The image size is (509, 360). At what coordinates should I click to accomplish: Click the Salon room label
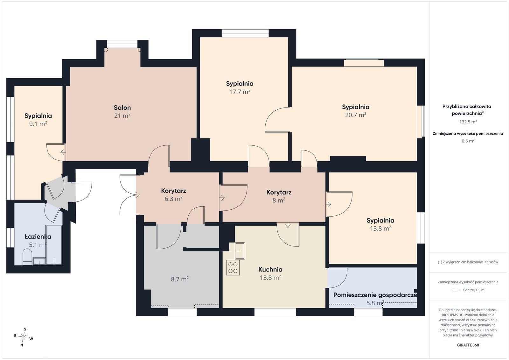(x=122, y=108)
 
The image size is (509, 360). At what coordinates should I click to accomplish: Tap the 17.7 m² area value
(x=240, y=92)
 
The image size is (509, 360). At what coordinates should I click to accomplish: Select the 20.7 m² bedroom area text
(x=356, y=115)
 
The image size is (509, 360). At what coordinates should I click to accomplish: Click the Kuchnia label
(x=270, y=270)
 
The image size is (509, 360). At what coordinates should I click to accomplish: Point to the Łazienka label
(x=38, y=237)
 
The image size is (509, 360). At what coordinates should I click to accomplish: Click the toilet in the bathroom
(x=27, y=257)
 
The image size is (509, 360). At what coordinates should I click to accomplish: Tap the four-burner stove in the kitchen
(x=233, y=267)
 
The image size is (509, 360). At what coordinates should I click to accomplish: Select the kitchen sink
(x=240, y=251)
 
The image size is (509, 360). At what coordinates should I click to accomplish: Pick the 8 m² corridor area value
(x=279, y=200)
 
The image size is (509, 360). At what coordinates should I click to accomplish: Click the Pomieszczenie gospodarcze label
(x=375, y=295)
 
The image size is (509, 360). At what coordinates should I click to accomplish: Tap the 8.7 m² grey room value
(x=180, y=279)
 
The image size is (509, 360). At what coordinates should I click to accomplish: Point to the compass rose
(x=24, y=337)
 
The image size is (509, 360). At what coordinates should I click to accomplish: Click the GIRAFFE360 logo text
(x=468, y=345)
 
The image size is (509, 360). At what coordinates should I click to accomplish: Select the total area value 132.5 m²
(x=468, y=122)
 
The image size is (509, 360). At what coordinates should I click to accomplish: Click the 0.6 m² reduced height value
(x=468, y=141)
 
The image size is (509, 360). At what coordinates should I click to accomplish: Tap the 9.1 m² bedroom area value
(x=38, y=124)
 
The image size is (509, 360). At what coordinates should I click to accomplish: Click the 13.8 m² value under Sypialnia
(x=380, y=228)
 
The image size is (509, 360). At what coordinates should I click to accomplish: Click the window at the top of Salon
(x=122, y=44)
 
